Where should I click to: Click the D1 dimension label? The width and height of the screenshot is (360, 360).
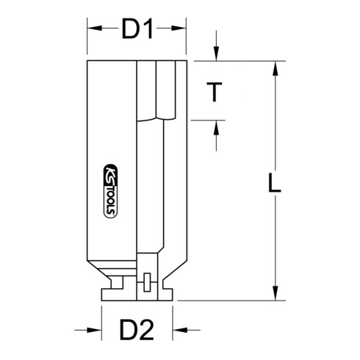click(137, 30)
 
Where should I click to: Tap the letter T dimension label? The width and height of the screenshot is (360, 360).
click(214, 93)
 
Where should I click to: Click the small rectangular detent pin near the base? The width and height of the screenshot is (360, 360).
click(145, 281)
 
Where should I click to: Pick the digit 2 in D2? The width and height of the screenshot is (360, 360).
click(148, 331)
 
